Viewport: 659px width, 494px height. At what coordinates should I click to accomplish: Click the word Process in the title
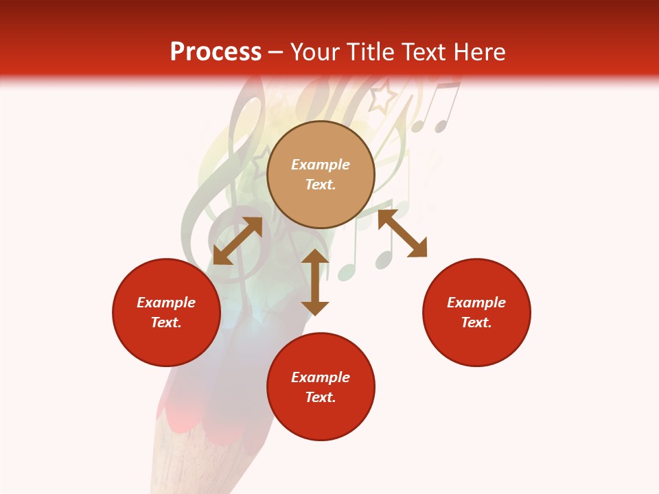[x=216, y=52]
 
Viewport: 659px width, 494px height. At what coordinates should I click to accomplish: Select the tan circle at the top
[x=321, y=174]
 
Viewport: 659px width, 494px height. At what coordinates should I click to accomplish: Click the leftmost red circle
[x=166, y=312]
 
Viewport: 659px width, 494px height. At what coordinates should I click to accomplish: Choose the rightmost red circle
[x=476, y=312]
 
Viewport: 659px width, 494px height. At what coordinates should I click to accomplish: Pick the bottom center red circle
[x=321, y=387]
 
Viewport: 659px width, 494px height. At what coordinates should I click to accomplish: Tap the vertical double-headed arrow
[x=315, y=282]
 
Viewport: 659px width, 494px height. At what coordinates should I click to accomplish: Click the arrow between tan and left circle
[x=238, y=241]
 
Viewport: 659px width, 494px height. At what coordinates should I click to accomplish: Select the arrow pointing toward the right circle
[x=402, y=234]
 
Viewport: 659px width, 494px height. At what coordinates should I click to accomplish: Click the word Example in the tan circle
[x=321, y=165]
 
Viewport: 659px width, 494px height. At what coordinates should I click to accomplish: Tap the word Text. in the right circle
[x=476, y=322]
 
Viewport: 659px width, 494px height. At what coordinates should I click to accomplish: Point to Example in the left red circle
[x=166, y=303]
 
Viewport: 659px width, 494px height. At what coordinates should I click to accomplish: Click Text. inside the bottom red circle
[x=321, y=397]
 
